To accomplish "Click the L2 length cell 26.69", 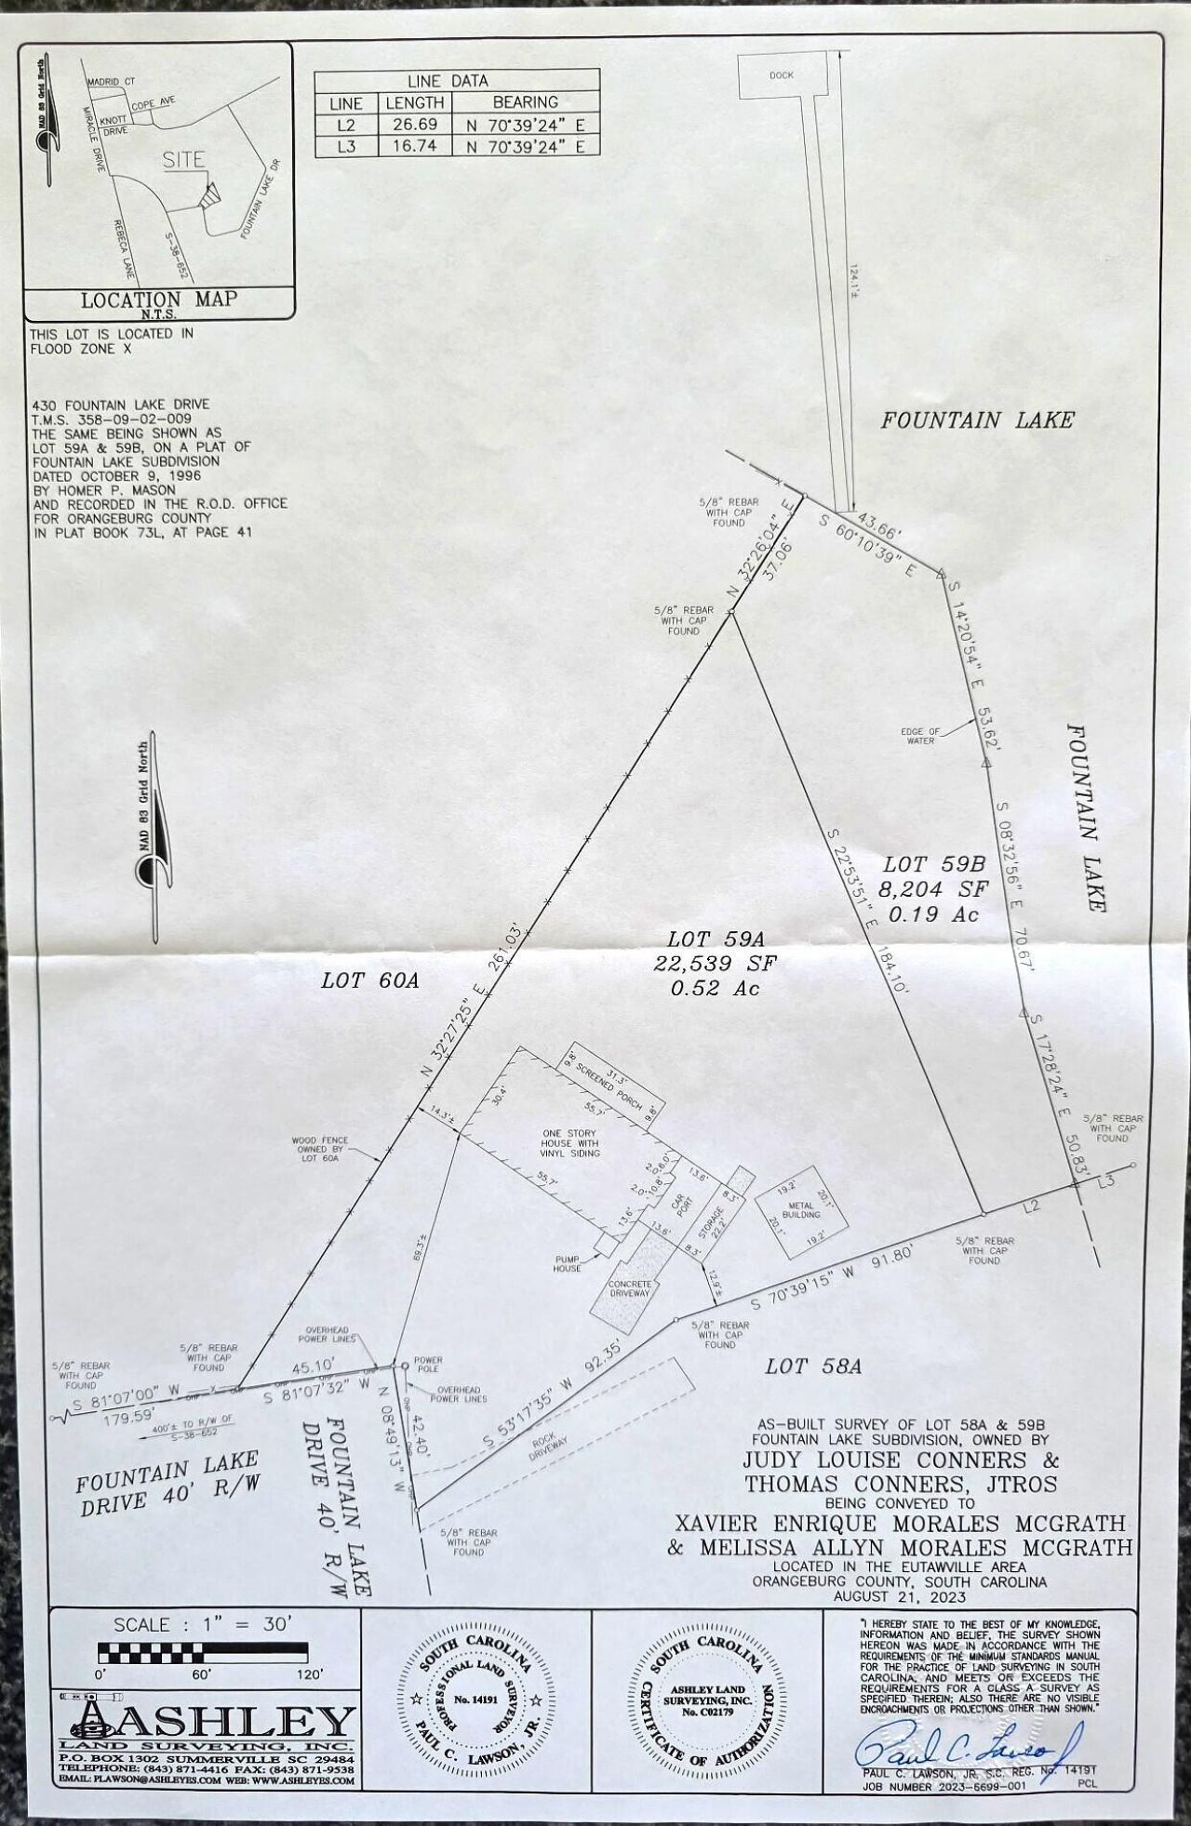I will coord(414,124).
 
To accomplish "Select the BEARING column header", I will coord(525,102).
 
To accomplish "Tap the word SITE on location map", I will coord(183,160).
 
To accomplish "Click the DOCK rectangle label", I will coord(782,75).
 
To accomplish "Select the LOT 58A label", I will coord(813,1366).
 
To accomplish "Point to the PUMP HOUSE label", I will coord(567,1263).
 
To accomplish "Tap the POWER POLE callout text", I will coord(428,1365).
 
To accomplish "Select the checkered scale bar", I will coord(203,1652).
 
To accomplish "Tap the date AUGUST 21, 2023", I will coord(900,1596).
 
